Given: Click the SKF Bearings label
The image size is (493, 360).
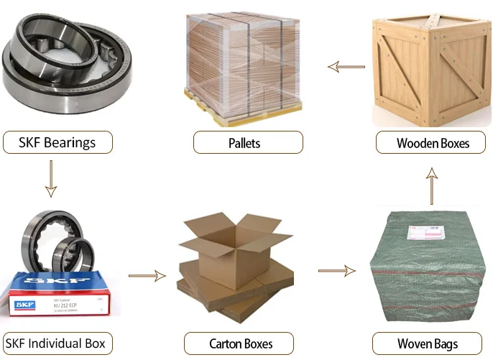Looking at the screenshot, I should point(58,142).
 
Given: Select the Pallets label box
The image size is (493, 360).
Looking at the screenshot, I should point(245,142).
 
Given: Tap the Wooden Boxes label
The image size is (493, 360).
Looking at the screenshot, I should point(433,142).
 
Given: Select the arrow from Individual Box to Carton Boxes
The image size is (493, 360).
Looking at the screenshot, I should point(147,275).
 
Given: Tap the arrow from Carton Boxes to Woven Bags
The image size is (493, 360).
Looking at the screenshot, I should point(336,271).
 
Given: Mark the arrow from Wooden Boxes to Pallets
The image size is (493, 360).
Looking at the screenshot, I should point(346,67).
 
